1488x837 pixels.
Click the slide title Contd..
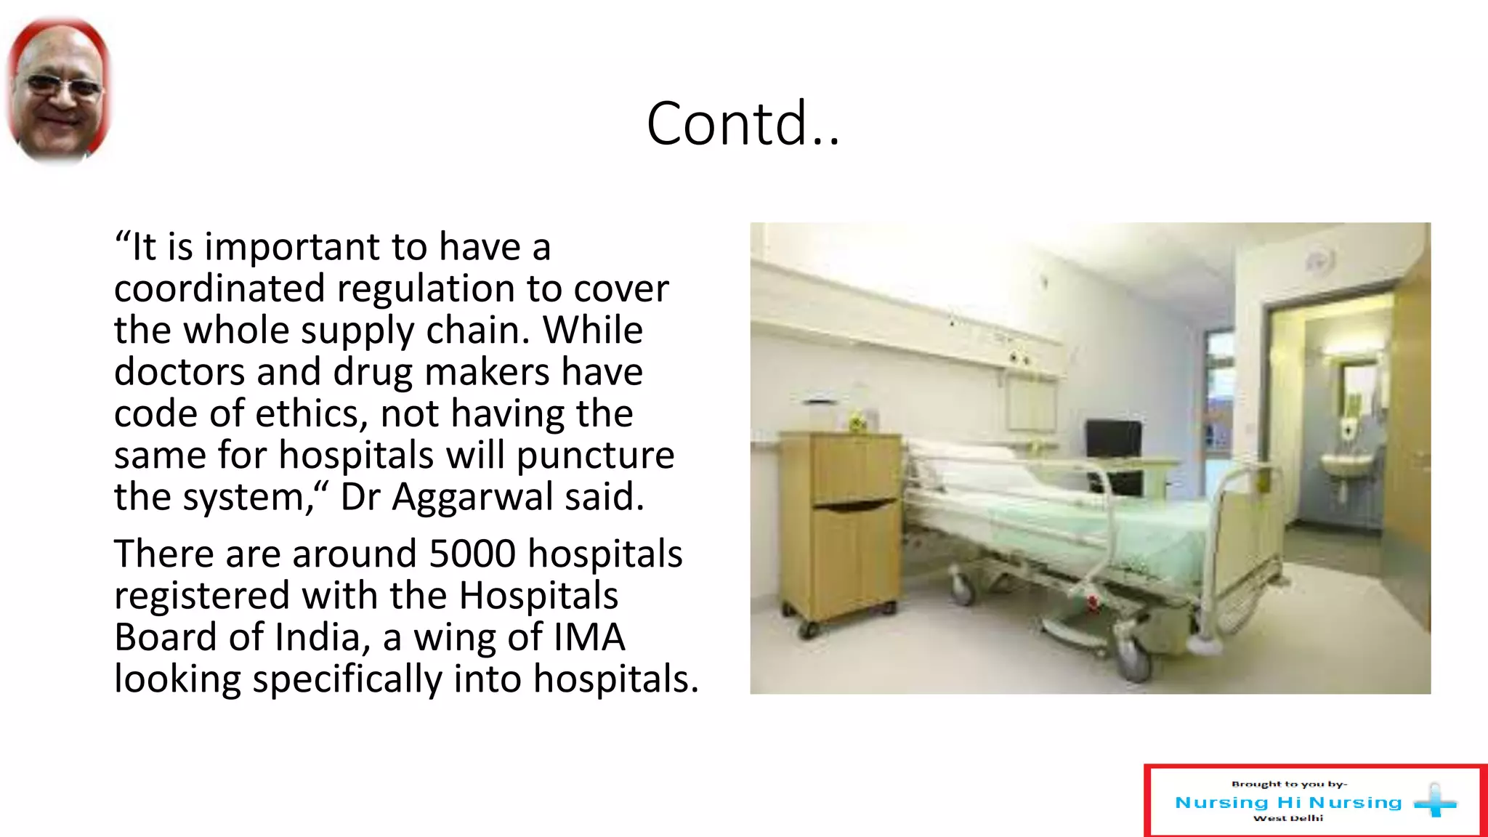coord(743,124)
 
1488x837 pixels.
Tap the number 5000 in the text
coord(472,554)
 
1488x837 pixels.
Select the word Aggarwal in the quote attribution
coord(472,498)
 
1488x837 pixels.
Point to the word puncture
coord(595,456)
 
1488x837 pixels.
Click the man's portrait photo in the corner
coord(58,91)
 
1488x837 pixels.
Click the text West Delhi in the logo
coord(1288,818)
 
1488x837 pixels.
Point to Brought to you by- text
coord(1289,784)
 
